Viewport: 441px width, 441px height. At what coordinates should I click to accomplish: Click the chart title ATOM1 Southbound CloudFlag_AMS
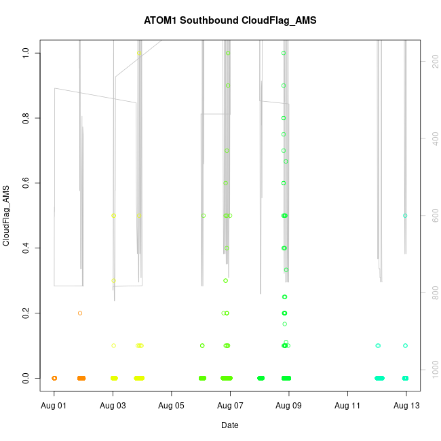click(x=230, y=20)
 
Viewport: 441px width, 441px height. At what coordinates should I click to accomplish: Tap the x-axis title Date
click(x=229, y=425)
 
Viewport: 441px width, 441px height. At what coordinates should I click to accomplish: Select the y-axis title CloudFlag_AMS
click(x=6, y=215)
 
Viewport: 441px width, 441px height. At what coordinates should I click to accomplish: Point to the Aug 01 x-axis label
click(x=54, y=405)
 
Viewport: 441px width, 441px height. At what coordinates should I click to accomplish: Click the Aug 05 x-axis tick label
click(x=172, y=405)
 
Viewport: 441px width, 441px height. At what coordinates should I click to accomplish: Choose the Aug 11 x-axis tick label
click(x=347, y=405)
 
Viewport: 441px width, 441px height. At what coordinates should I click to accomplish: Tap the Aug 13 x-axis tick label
click(x=406, y=405)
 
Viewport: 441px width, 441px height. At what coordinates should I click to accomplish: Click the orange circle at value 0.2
click(x=80, y=313)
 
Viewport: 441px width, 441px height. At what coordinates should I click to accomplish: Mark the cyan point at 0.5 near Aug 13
click(x=405, y=216)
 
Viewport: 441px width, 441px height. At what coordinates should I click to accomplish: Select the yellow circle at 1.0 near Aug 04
click(x=139, y=53)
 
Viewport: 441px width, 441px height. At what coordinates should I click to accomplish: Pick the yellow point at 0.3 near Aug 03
click(x=114, y=281)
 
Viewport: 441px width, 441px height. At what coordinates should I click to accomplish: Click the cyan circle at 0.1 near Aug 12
click(x=378, y=345)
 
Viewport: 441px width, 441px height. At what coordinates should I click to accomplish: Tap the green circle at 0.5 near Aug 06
click(x=204, y=216)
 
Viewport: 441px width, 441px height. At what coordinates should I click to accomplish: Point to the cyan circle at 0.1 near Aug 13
click(x=405, y=345)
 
